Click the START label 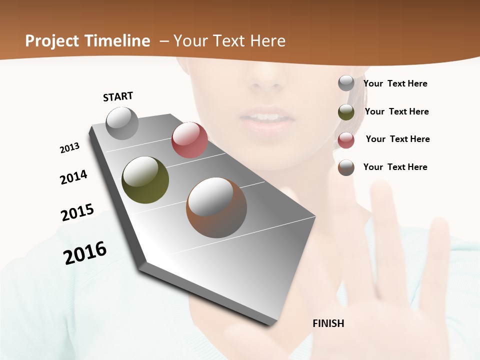tap(118, 96)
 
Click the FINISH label tap(328, 323)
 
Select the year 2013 tap(70, 148)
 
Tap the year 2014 tap(73, 177)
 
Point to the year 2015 tap(77, 212)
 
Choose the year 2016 tap(85, 253)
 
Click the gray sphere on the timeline tap(122, 123)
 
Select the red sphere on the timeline tap(189, 140)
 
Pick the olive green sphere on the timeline tap(145, 180)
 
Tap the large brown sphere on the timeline tap(216, 207)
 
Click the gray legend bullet tap(346, 83)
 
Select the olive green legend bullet tap(346, 112)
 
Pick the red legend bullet tap(346, 140)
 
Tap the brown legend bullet tap(346, 167)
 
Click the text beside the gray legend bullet tap(395, 84)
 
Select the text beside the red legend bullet tap(397, 139)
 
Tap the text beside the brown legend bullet tap(395, 167)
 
